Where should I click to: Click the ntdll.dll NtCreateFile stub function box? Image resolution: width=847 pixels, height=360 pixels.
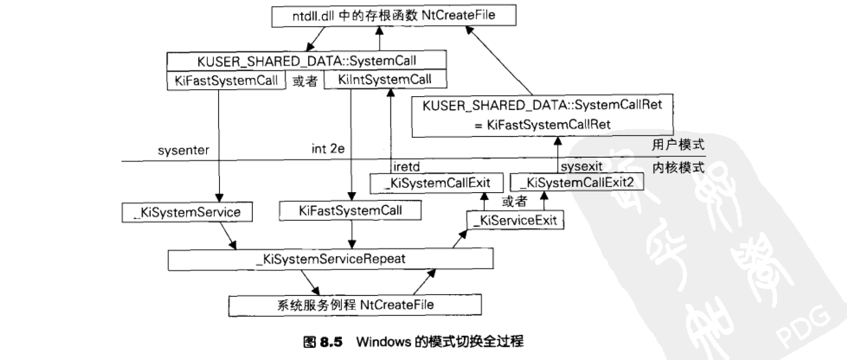click(x=394, y=16)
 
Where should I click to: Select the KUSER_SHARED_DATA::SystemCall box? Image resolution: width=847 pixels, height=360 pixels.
click(x=306, y=61)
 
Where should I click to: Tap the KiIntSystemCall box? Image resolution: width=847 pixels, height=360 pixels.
click(x=385, y=80)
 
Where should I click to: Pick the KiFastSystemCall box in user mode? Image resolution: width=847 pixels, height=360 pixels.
click(x=226, y=81)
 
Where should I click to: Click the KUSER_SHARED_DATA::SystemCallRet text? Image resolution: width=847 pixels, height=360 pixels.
click(x=542, y=105)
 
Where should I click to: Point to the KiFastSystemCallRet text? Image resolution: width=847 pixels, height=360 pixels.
click(x=548, y=125)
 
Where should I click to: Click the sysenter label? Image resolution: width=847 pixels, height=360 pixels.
click(x=183, y=150)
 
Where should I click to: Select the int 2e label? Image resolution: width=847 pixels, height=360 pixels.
click(x=328, y=149)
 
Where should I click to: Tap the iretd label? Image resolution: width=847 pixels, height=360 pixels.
click(x=407, y=167)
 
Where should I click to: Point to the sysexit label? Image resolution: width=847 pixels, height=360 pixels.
click(x=581, y=167)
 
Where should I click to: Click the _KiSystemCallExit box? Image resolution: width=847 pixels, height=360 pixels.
click(x=436, y=183)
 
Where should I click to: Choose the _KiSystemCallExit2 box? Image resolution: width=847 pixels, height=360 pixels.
click(x=576, y=183)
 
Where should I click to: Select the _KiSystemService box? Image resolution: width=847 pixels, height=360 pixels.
click(x=187, y=212)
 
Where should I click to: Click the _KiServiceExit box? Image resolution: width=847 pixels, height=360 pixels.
click(x=515, y=220)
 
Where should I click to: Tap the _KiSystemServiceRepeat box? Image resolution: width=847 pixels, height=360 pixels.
click(x=330, y=259)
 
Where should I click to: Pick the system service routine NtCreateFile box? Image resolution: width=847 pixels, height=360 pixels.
click(x=355, y=305)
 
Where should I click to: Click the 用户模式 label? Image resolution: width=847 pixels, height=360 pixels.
click(x=678, y=145)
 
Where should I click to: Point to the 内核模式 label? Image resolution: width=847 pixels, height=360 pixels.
click(x=678, y=168)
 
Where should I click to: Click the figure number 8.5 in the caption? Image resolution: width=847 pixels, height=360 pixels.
click(x=331, y=342)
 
